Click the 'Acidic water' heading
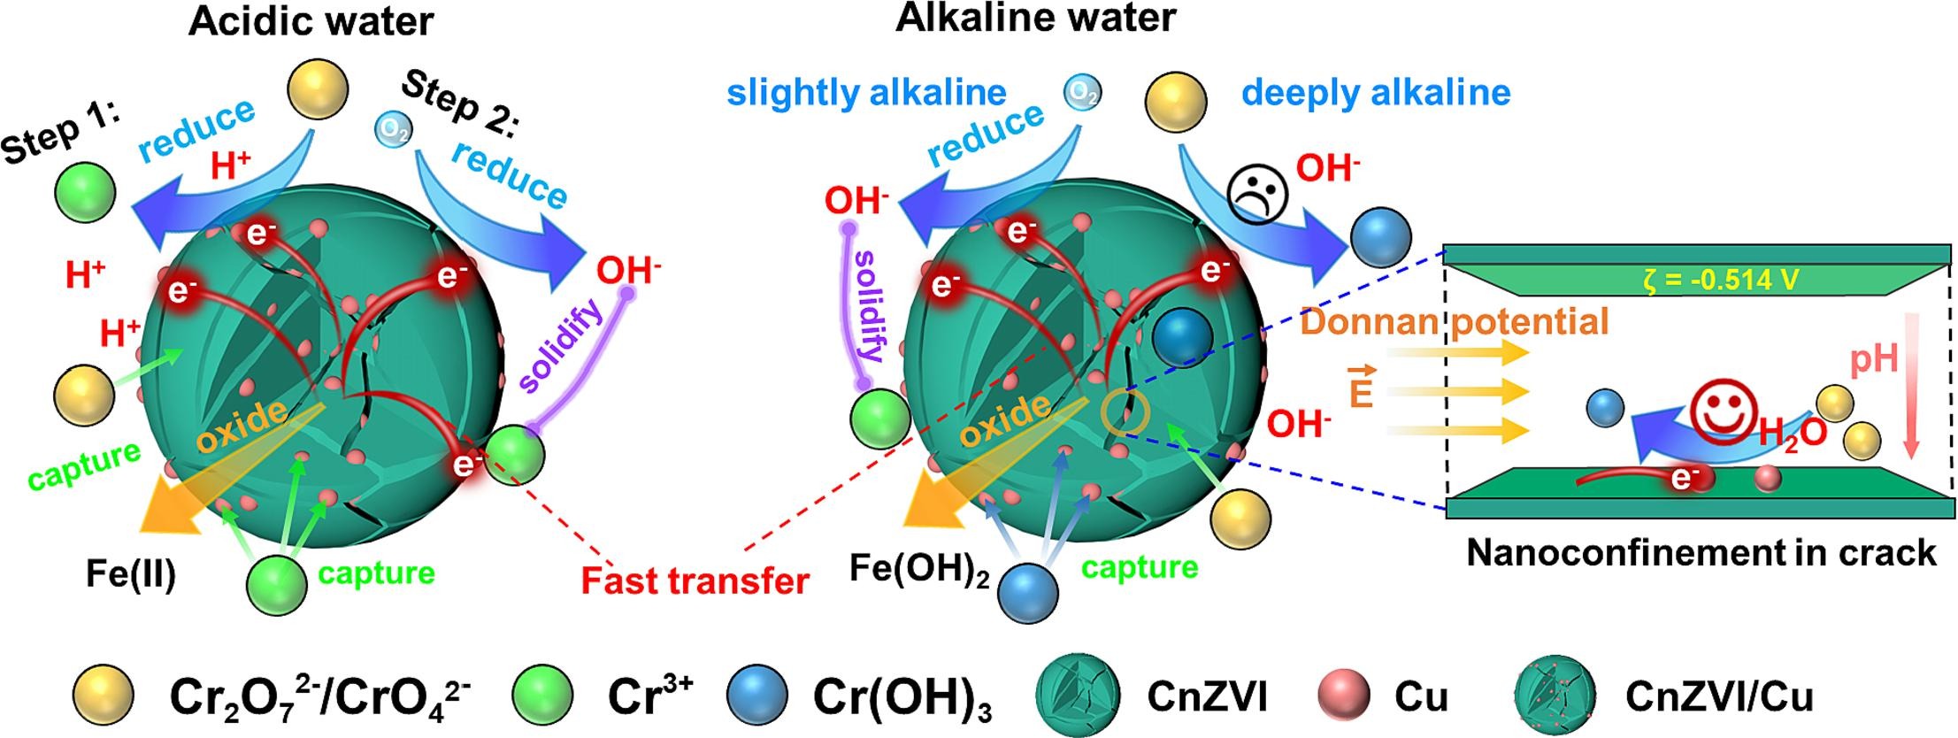click(311, 21)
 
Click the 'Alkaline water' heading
click(1035, 18)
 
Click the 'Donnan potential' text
click(1454, 321)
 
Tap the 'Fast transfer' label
click(695, 581)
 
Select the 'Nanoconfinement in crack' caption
click(1701, 552)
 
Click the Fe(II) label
click(131, 574)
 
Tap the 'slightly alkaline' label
click(866, 93)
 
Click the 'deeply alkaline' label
click(1376, 92)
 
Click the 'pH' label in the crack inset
click(1873, 359)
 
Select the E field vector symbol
click(1360, 388)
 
